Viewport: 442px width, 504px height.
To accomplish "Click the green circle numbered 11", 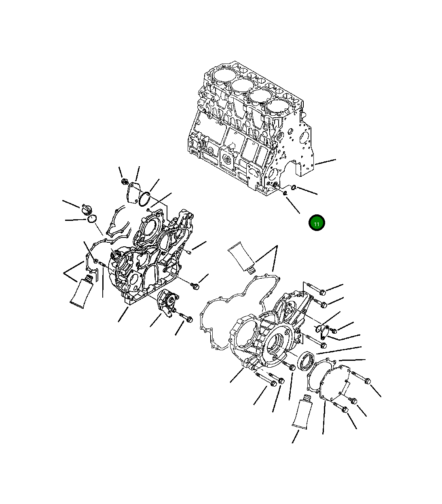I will click(317, 223).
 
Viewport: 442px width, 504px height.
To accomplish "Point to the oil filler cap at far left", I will click(87, 210).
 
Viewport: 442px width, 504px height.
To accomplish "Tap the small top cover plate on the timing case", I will click(132, 193).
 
